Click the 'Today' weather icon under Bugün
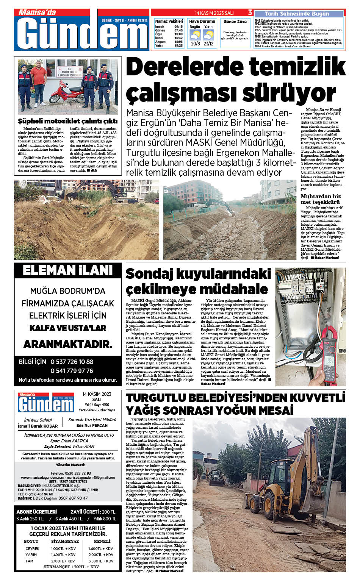(196, 35)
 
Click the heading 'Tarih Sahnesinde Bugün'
(297, 14)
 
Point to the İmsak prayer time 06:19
(178, 27)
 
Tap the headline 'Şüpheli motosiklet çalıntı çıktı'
(68, 122)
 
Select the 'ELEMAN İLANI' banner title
(68, 270)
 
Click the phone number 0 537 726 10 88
(72, 362)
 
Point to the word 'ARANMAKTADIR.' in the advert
(68, 344)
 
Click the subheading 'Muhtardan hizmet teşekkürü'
(321, 199)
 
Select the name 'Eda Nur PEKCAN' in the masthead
(92, 425)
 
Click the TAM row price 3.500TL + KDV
(101, 561)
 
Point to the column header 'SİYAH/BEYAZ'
(65, 542)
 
